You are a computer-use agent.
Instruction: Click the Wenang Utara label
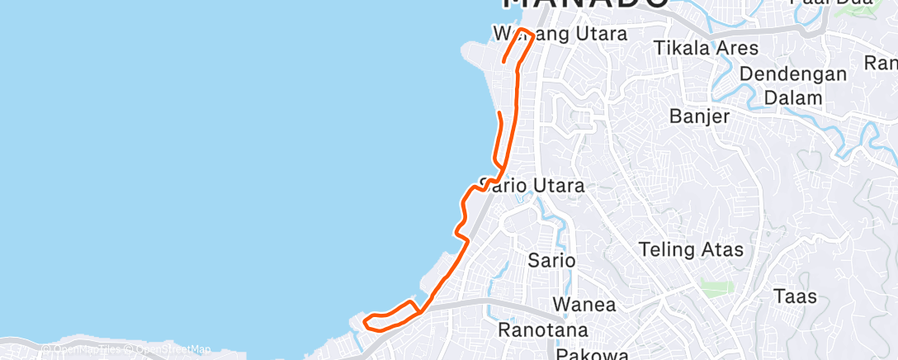[x=560, y=34]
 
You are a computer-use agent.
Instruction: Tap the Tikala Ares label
[x=706, y=48]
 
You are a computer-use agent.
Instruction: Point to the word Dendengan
[x=793, y=73]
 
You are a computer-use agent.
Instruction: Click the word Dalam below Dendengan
[x=793, y=97]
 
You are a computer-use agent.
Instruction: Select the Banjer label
[x=700, y=116]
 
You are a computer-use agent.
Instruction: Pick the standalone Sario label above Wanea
[x=551, y=260]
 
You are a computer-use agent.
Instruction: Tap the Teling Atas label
[x=692, y=249]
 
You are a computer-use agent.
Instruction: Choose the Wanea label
[x=584, y=304]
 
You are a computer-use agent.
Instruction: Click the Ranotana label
[x=543, y=330]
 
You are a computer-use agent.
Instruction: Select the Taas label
[x=795, y=296]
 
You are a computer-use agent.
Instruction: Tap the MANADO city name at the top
[x=586, y=4]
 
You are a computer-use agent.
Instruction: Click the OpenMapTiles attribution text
[x=82, y=349]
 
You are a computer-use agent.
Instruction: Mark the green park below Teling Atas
[x=716, y=287]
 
